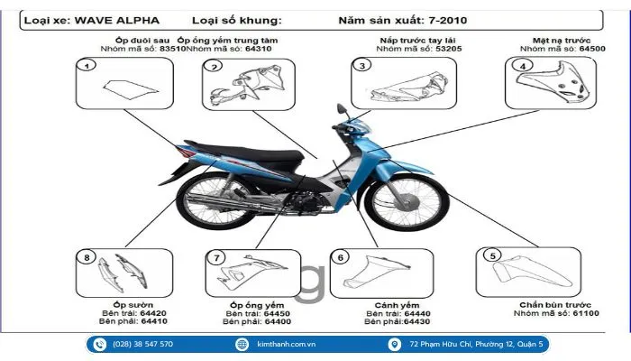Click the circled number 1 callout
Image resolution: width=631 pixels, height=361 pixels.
click(x=87, y=66)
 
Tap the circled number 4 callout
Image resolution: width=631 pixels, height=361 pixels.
click(x=522, y=66)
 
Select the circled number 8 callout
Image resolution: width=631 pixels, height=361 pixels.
click(x=87, y=258)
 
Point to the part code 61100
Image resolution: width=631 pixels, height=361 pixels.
click(x=580, y=313)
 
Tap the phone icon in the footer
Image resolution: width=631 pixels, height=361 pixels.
click(x=99, y=344)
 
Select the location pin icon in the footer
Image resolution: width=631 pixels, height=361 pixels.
click(x=395, y=344)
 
